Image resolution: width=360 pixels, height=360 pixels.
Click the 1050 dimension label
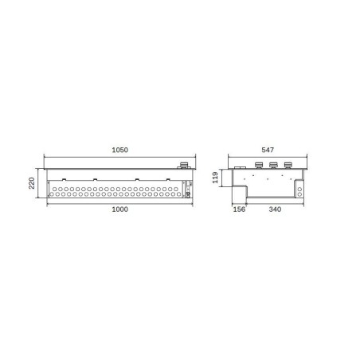coord(120,150)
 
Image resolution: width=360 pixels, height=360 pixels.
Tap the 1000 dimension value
coord(120,209)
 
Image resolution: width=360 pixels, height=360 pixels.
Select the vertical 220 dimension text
coord(32,183)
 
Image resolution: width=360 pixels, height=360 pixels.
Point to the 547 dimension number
coord(268,150)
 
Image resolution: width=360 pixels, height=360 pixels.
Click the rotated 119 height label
coord(215,178)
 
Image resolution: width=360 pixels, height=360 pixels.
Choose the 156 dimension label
coord(239,209)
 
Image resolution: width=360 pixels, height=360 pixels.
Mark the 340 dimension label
coord(275,209)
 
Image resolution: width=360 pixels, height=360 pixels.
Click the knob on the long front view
coord(183,166)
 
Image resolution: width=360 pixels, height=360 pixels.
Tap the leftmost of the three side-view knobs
coord(259,165)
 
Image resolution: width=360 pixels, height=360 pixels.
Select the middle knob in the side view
coord(273,165)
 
